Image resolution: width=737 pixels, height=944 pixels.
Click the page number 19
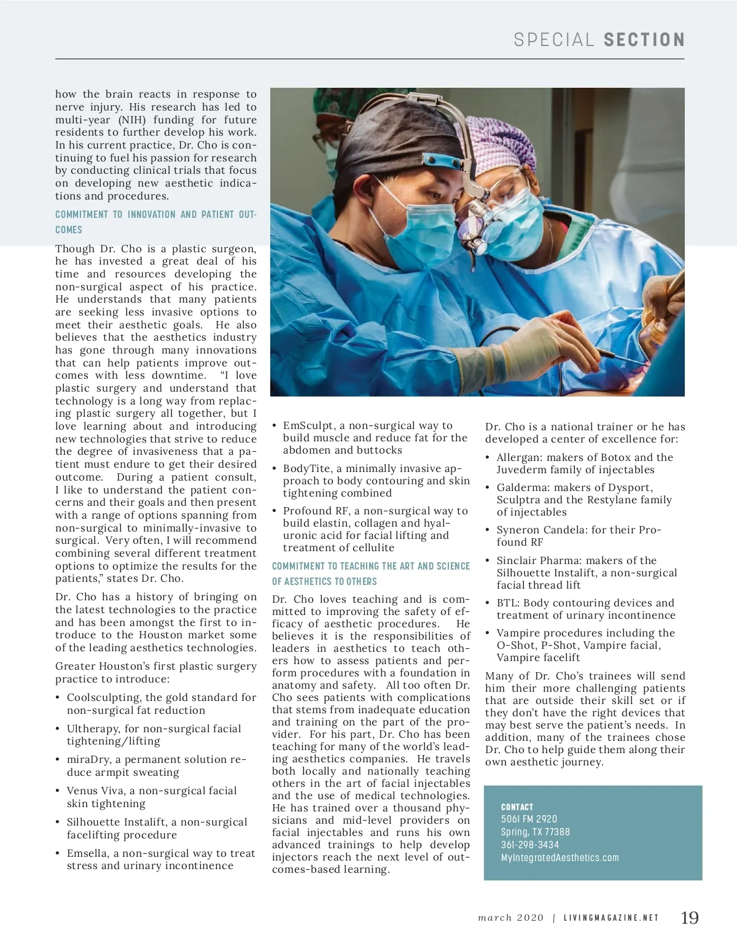coord(690,918)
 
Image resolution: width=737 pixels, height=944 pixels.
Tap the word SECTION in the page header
coord(644,41)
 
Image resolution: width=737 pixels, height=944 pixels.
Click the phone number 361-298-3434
coord(529,845)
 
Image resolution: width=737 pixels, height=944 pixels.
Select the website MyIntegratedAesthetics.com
coord(560,857)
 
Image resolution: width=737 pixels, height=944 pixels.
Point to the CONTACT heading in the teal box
coord(517,807)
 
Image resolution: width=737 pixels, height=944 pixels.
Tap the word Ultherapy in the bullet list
coord(93,729)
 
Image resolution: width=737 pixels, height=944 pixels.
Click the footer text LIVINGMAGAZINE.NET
coord(611,918)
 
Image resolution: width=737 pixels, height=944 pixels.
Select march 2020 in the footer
coord(511,918)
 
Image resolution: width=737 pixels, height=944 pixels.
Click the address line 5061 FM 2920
coord(529,819)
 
